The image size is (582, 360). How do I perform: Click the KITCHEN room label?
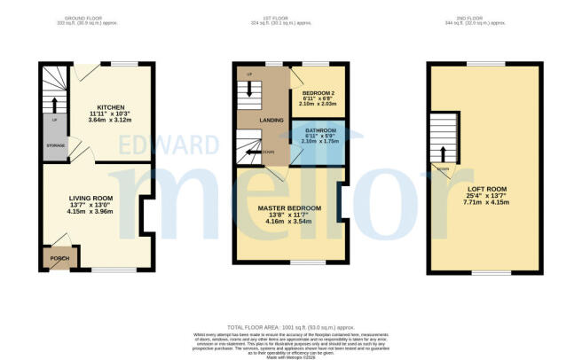111,106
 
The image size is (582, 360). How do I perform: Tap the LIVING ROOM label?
90,199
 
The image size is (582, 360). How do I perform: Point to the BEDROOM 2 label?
317,92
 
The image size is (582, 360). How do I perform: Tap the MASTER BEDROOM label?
289,208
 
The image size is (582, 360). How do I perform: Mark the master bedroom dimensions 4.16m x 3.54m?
289,222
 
